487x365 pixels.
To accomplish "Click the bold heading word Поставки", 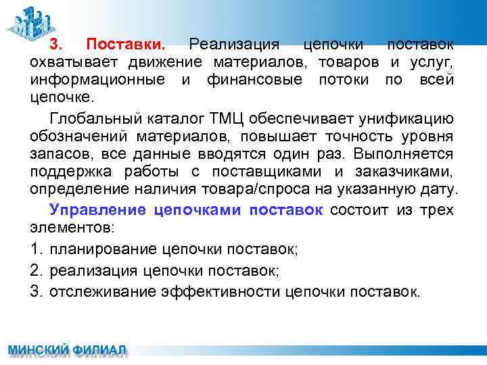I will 126,45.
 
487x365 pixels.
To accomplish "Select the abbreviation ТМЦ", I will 228,120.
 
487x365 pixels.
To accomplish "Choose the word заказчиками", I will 406,172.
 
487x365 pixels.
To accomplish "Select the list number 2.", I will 36,270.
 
